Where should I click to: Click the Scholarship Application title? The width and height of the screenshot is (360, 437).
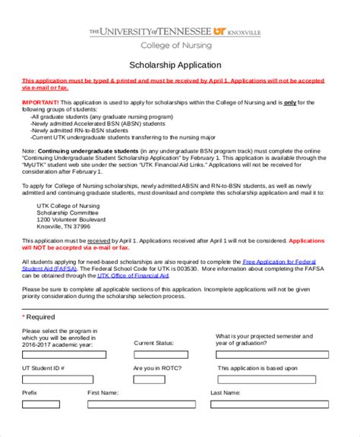175,65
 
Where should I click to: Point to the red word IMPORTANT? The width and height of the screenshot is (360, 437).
40,102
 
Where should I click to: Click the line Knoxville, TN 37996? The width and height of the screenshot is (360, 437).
64,226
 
